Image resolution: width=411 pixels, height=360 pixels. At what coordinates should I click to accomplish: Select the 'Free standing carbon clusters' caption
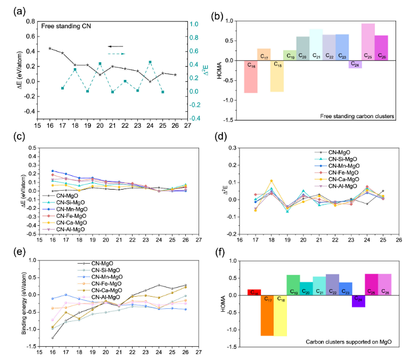tap(354, 115)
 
